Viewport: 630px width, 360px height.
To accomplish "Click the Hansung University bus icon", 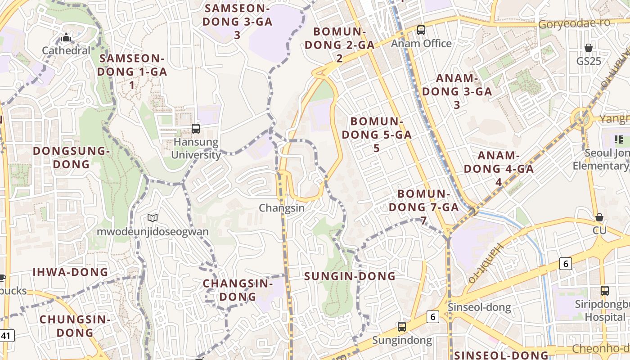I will tap(196, 129).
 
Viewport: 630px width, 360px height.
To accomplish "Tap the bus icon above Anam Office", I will tap(421, 30).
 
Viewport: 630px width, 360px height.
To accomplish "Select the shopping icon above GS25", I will tap(588, 48).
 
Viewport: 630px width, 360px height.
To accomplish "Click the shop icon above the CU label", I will tap(599, 218).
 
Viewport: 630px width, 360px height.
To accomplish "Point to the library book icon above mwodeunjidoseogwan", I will tap(153, 218).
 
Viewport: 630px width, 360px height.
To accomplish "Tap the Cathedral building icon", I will tap(66, 38).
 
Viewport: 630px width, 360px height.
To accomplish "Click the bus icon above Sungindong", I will tap(401, 327).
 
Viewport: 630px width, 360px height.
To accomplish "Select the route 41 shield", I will tap(6, 336).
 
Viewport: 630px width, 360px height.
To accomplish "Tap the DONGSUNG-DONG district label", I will tap(71, 157).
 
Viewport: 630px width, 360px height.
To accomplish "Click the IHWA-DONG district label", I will tap(71, 272).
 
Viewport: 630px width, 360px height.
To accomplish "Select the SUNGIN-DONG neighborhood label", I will tap(350, 276).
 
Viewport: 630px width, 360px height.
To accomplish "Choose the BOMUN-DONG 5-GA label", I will tap(376, 135).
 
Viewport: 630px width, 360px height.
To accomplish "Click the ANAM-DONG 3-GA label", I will tap(457, 91).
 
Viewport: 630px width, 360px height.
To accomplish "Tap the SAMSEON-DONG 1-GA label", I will tap(132, 72).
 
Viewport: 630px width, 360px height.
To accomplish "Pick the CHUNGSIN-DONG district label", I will tap(75, 326).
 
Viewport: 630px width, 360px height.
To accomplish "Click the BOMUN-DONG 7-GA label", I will tap(423, 207).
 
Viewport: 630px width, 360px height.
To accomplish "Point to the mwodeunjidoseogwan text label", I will tap(153, 232).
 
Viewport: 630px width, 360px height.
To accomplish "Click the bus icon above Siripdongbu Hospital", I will tap(605, 291).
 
